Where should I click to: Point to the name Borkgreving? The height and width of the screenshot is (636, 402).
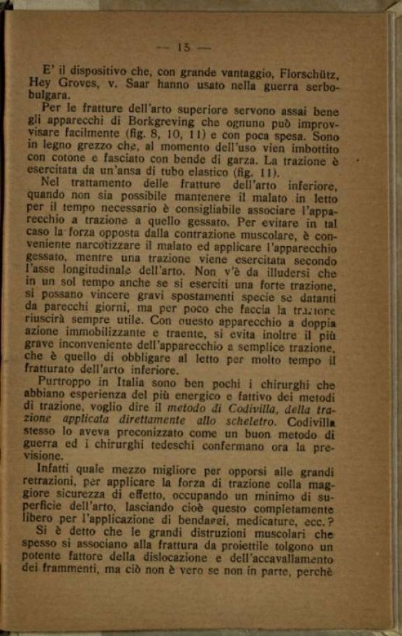tap(177, 124)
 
